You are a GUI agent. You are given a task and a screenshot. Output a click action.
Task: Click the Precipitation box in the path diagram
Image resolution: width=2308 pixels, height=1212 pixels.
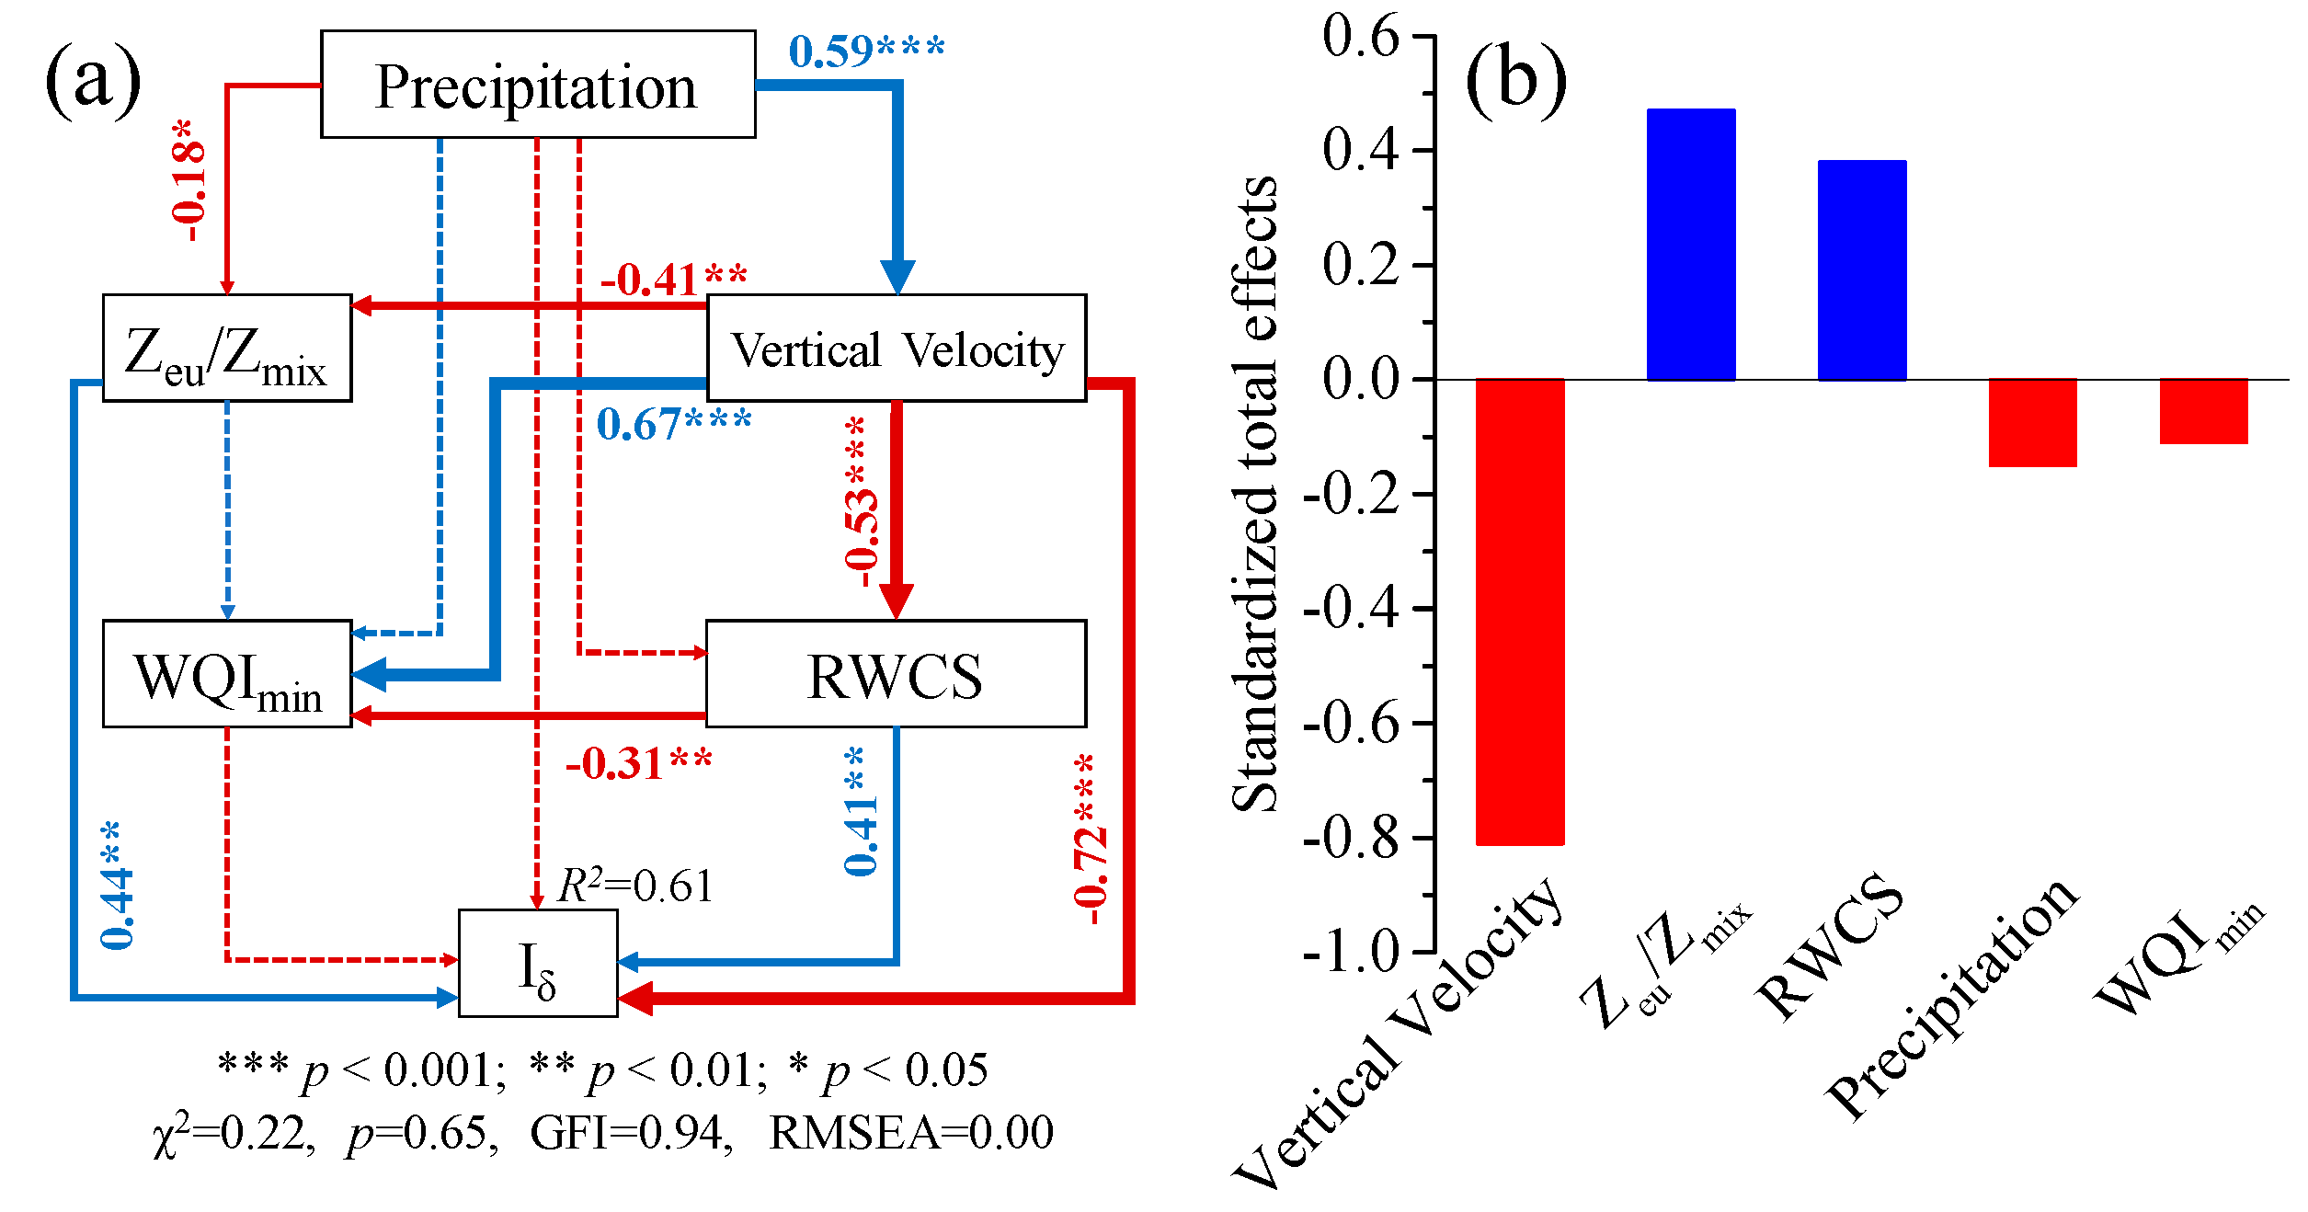point(538,85)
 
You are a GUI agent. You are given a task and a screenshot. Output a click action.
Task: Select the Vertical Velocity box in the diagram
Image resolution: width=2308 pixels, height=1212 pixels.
point(896,349)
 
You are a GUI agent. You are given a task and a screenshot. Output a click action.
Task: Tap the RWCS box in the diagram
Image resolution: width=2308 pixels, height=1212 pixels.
point(896,674)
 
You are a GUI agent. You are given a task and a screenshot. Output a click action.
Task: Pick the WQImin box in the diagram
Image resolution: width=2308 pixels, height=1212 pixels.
point(227,674)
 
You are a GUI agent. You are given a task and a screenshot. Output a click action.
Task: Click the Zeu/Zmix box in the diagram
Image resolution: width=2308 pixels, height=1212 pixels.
point(227,349)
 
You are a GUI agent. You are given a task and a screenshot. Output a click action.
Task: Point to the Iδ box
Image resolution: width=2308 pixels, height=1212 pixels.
point(538,964)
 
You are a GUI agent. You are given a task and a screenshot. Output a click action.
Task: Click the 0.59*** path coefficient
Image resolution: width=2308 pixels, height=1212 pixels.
point(866,51)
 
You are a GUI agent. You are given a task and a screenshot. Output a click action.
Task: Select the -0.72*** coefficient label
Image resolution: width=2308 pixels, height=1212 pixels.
point(1089,839)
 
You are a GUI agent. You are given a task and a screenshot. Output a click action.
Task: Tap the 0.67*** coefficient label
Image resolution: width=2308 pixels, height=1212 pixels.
point(674,424)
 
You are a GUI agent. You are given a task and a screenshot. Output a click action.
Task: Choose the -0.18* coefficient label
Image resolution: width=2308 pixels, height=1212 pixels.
point(189,180)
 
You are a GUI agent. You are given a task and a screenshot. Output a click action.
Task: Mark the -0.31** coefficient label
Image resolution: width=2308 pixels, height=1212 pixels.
point(639,763)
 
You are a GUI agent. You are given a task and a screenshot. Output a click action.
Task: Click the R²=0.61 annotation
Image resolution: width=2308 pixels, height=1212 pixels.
point(635,886)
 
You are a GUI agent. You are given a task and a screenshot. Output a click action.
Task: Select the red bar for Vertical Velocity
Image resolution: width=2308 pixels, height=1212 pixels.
point(1520,612)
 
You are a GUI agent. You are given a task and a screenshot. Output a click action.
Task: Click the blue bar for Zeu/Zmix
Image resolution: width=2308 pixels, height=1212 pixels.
point(1691,245)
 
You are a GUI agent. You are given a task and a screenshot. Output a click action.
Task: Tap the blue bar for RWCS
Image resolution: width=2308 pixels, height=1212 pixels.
point(1862,270)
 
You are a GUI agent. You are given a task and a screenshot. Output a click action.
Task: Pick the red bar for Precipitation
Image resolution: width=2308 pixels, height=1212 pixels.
point(2033,423)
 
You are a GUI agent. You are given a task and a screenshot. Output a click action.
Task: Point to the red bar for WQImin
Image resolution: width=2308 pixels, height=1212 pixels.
point(2204,411)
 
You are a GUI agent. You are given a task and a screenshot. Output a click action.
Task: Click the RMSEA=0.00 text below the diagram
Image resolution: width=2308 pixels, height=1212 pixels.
point(911,1132)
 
